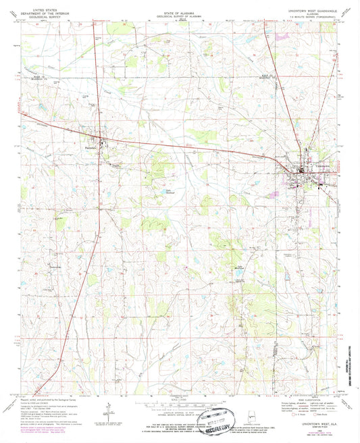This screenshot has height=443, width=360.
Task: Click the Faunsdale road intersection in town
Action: coord(102,141)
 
